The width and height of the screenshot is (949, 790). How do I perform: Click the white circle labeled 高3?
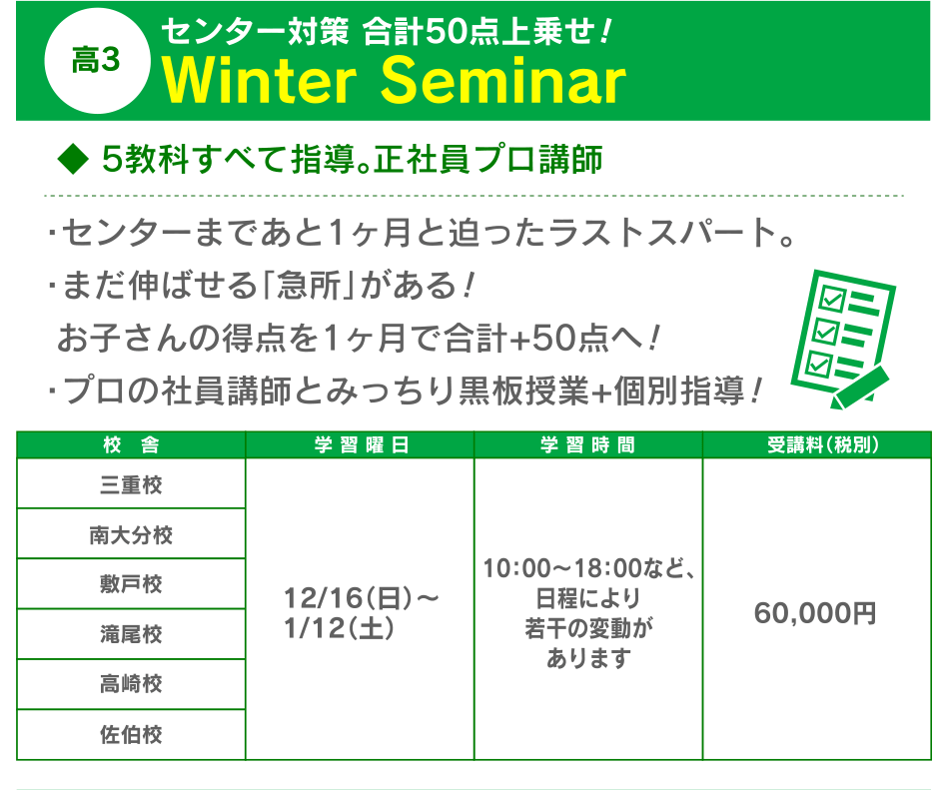coord(98,61)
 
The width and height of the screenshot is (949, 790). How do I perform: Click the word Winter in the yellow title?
coord(260,81)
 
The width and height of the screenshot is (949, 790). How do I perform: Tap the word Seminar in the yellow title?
coord(503,81)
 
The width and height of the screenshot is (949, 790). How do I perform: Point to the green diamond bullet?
coord(73,159)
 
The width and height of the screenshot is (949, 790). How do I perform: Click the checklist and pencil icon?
coord(842,339)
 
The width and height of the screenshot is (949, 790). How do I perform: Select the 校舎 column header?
coord(131,445)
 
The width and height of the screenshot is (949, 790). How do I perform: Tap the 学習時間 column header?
coord(588,445)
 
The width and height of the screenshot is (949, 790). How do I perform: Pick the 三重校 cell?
coord(131,484)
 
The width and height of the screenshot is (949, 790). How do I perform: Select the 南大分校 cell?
coord(131,534)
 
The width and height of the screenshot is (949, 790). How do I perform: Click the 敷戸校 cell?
coord(131,584)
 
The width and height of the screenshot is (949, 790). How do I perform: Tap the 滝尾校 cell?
coord(131,634)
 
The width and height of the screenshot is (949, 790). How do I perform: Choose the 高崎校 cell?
coord(131,684)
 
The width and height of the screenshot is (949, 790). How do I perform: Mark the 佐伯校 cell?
coord(131,734)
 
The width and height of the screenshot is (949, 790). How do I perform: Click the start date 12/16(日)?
coord(349,599)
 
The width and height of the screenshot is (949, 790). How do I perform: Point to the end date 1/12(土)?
coord(339,628)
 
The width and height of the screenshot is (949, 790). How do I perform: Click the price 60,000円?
coord(815,613)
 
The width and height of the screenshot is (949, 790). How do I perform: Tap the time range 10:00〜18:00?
coord(562,568)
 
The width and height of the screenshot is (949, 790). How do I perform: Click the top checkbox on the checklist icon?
coord(831,300)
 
